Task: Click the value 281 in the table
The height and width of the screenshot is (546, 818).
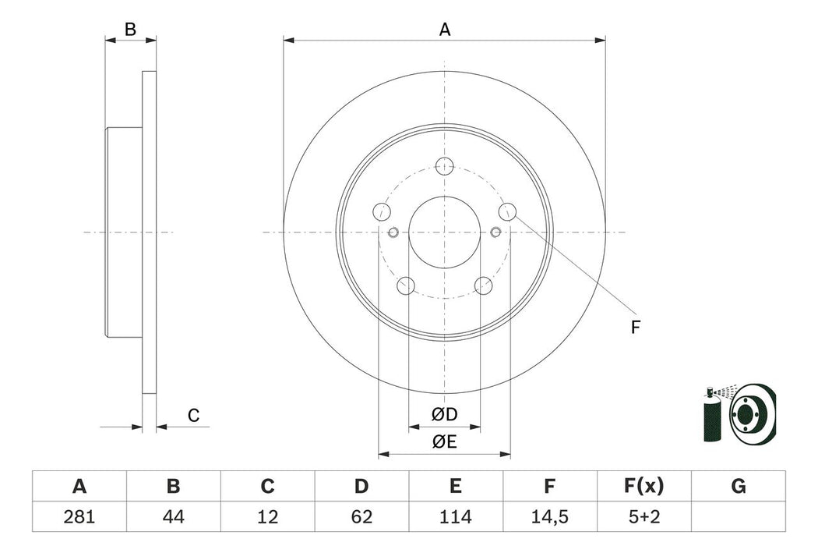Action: click(79, 517)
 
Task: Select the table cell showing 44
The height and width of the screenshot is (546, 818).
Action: click(173, 517)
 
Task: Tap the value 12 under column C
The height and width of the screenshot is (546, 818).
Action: click(267, 517)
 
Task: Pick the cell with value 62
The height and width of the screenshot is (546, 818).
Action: click(361, 517)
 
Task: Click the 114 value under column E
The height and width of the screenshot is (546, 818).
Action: click(456, 517)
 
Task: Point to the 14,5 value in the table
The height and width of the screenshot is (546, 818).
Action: click(549, 517)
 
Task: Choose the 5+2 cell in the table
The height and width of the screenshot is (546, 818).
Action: click(643, 517)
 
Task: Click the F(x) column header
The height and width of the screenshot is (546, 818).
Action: click(643, 487)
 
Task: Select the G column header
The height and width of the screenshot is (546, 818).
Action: click(739, 487)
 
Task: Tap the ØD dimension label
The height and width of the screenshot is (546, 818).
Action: click(444, 415)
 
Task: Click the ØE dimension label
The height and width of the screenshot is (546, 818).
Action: click(444, 442)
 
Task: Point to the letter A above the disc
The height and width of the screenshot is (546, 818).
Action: click(445, 30)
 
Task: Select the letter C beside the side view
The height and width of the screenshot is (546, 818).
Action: click(194, 416)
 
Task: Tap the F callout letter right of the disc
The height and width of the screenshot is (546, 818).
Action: click(635, 328)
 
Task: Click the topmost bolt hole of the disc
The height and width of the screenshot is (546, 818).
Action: click(445, 165)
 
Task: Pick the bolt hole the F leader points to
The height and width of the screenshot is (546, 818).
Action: click(507, 211)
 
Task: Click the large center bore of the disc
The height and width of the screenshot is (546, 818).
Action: click(445, 232)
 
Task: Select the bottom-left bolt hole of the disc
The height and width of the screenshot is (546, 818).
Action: click(406, 285)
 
